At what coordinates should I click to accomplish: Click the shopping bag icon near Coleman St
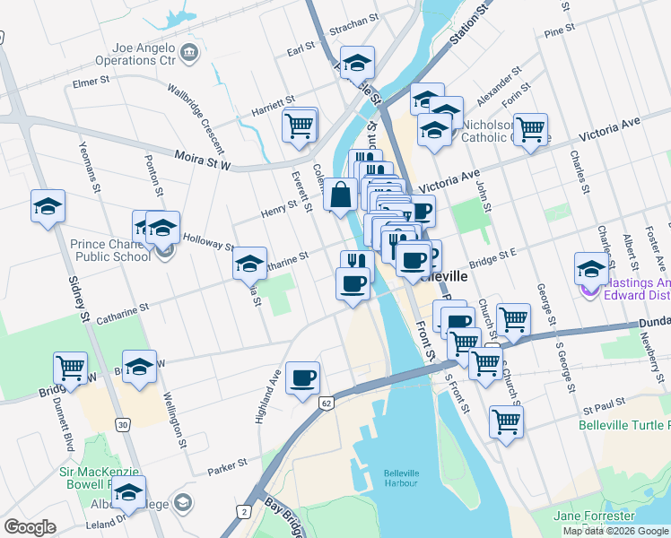[x=341, y=194]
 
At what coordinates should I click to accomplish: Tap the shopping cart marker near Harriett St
[x=300, y=124]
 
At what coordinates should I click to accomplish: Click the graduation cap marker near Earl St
[x=358, y=63]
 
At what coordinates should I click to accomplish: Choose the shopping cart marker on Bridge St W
[x=71, y=367]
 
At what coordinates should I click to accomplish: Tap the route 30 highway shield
[x=123, y=424]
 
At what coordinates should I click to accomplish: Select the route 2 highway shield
[x=242, y=511]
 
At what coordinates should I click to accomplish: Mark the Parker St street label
[x=226, y=466]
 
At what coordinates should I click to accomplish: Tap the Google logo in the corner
[x=30, y=527]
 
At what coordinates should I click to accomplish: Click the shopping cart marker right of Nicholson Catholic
[x=531, y=129]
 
